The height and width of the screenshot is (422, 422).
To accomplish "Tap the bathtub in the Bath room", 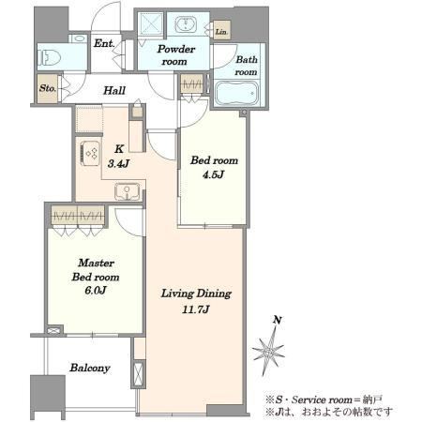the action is click(236, 93).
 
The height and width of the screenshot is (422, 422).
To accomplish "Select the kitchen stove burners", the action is click(91, 153).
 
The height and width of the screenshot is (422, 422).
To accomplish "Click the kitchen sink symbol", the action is click(127, 190).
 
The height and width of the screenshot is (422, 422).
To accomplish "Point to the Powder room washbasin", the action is click(186, 24).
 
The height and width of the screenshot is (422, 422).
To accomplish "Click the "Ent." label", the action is click(104, 43).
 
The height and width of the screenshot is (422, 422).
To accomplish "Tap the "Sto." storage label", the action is click(48, 88).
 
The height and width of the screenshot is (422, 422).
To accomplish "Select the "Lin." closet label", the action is click(221, 32).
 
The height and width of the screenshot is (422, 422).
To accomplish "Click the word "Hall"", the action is click(114, 91).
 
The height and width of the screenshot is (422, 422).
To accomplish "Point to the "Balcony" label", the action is click(90, 368).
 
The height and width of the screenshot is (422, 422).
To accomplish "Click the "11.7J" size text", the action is click(196, 309).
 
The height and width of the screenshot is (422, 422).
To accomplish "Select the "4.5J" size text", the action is click(213, 174).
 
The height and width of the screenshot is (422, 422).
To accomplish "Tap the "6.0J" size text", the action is click(96, 290).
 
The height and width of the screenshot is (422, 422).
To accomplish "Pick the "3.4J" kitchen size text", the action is click(118, 163).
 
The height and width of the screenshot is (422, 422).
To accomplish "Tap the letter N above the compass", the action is click(278, 320).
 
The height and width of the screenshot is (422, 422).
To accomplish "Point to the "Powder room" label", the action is click(175, 55).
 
